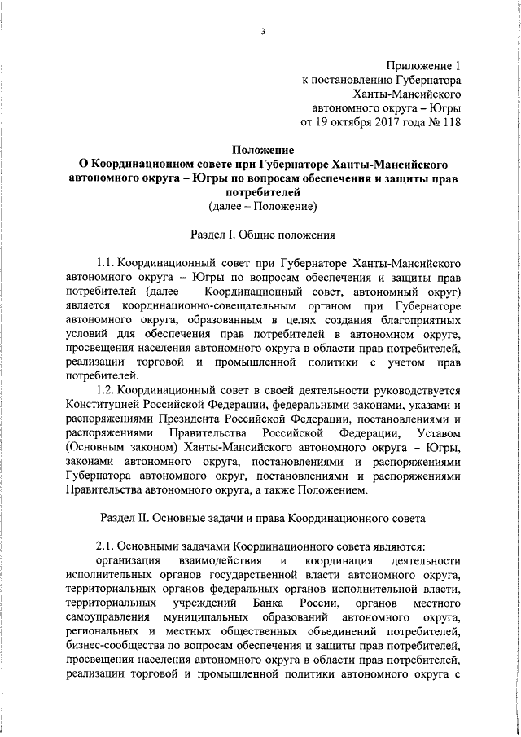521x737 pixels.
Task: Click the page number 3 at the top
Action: [263, 32]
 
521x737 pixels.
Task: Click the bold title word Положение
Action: [263, 150]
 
